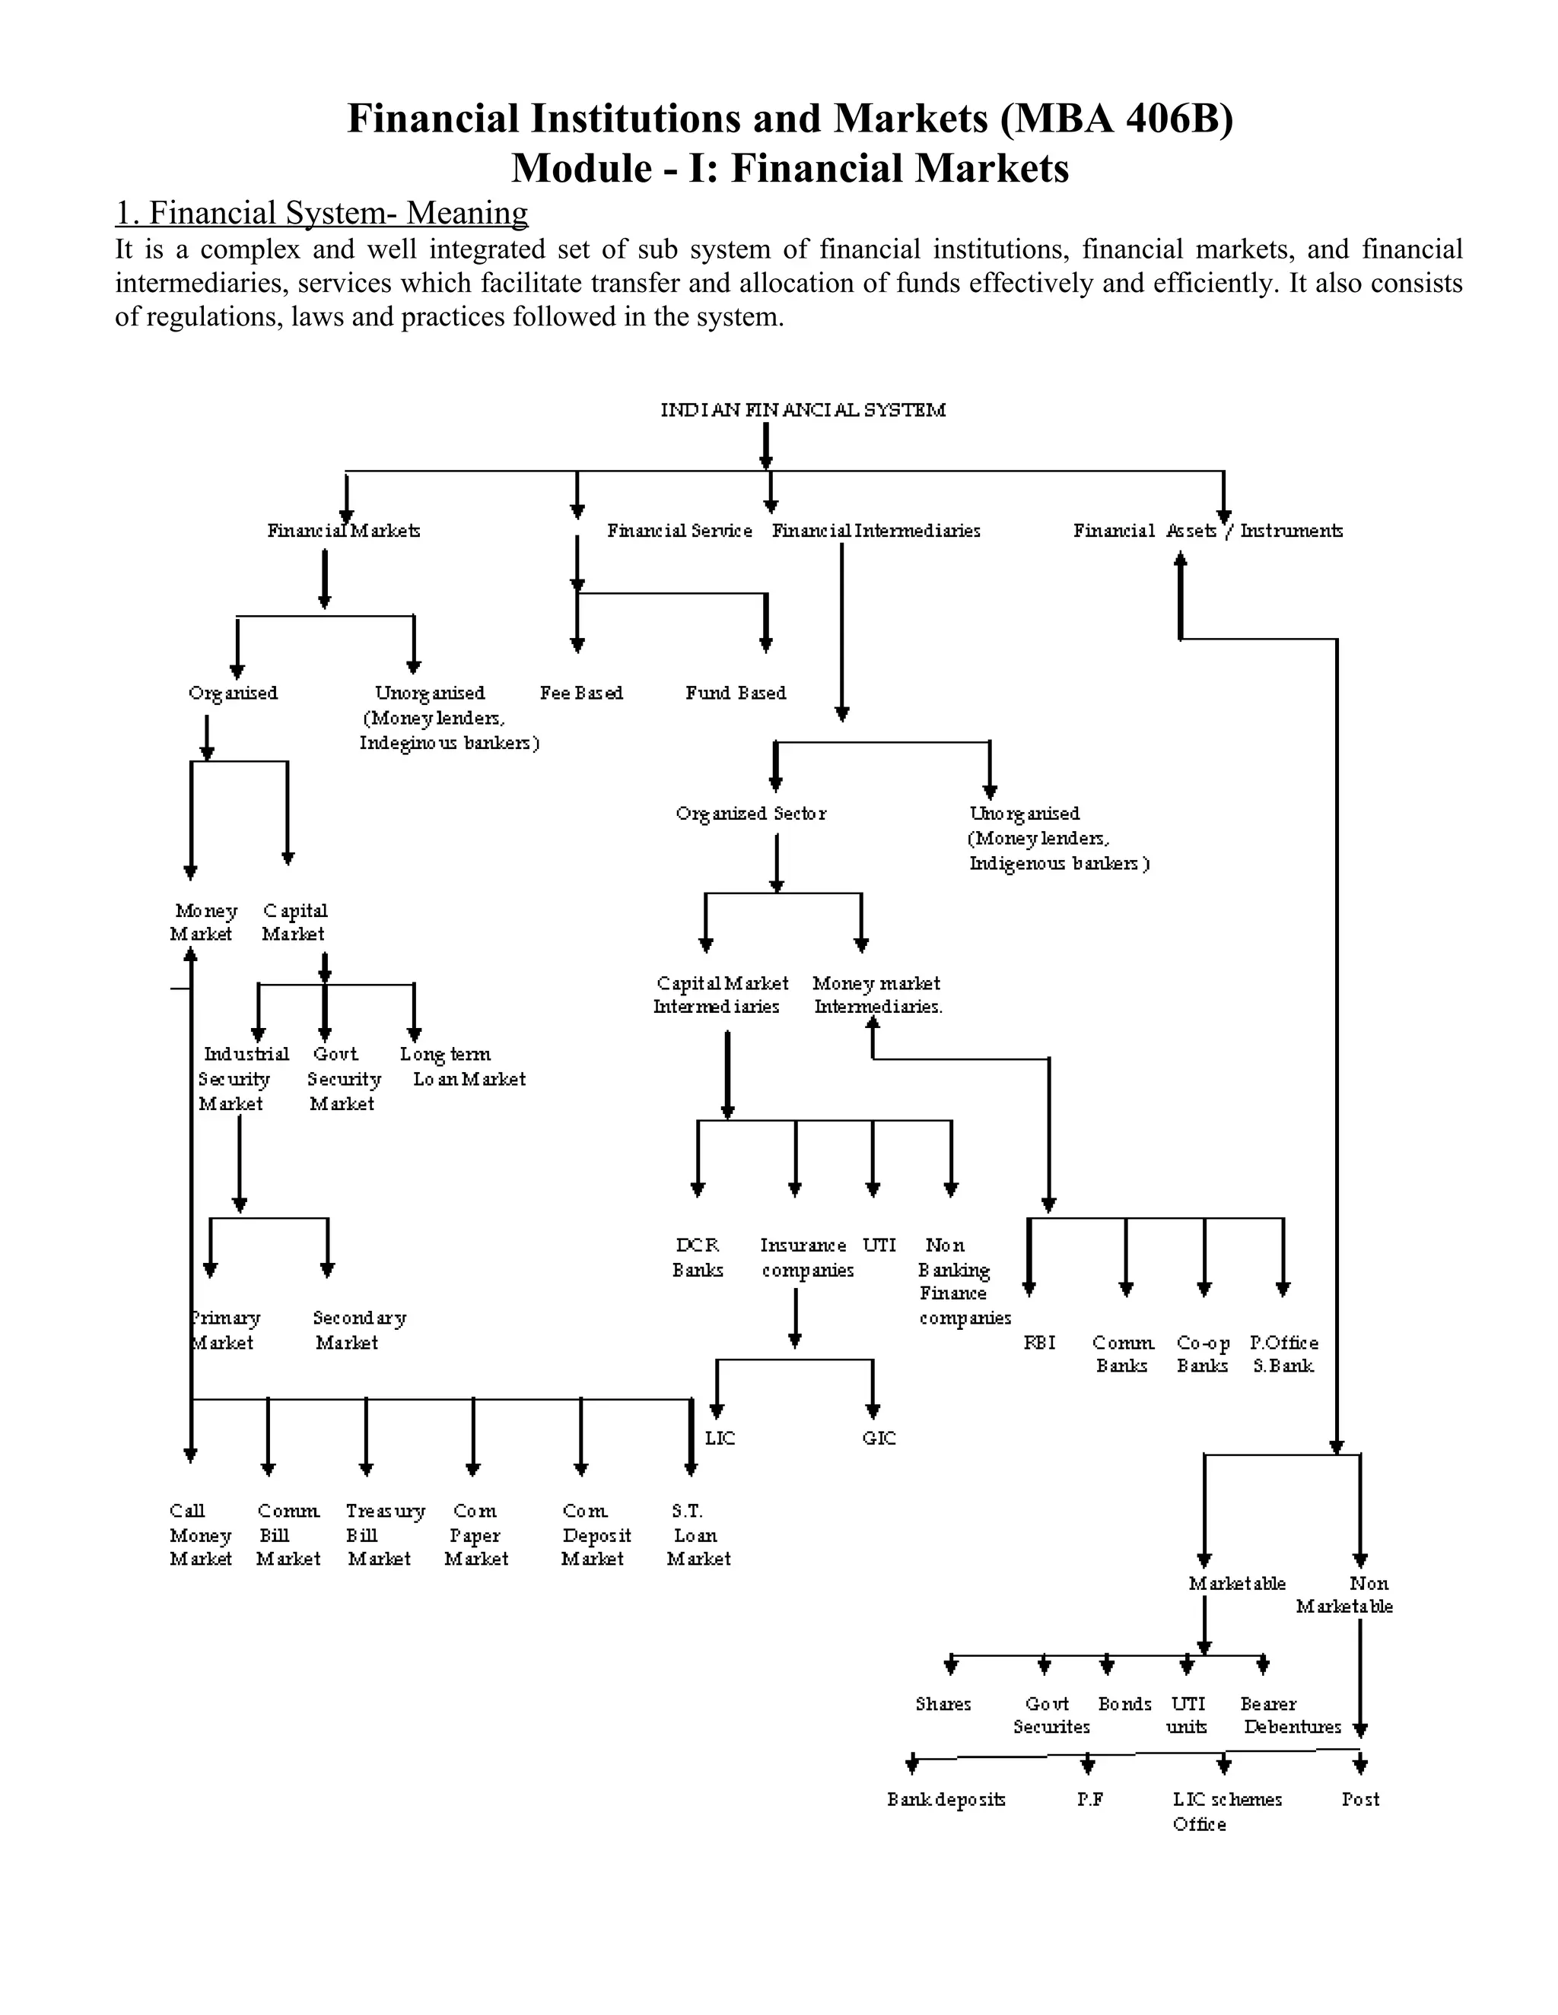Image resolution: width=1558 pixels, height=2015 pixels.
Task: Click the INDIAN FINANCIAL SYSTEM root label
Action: pos(802,410)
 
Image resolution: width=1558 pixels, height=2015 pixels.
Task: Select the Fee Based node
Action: pos(580,693)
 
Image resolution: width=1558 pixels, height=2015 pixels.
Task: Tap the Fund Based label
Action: pos(736,693)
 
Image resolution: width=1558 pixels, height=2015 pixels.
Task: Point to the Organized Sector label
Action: pos(750,814)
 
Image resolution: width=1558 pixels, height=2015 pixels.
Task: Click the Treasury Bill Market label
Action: pos(384,1534)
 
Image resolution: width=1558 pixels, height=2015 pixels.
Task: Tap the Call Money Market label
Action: pos(199,1534)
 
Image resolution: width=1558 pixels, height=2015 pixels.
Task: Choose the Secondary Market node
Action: pos(358,1331)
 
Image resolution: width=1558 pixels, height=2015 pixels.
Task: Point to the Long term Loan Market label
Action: pos(462,1067)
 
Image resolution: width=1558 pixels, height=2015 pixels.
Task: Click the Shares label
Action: pos(943,1704)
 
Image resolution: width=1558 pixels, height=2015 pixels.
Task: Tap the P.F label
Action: pos(1090,1799)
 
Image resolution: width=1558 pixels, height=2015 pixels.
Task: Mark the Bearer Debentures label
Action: pos(1289,1715)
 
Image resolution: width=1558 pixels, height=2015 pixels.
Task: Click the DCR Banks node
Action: pos(697,1258)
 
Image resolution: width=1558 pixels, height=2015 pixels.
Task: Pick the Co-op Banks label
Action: pos(1203,1354)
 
